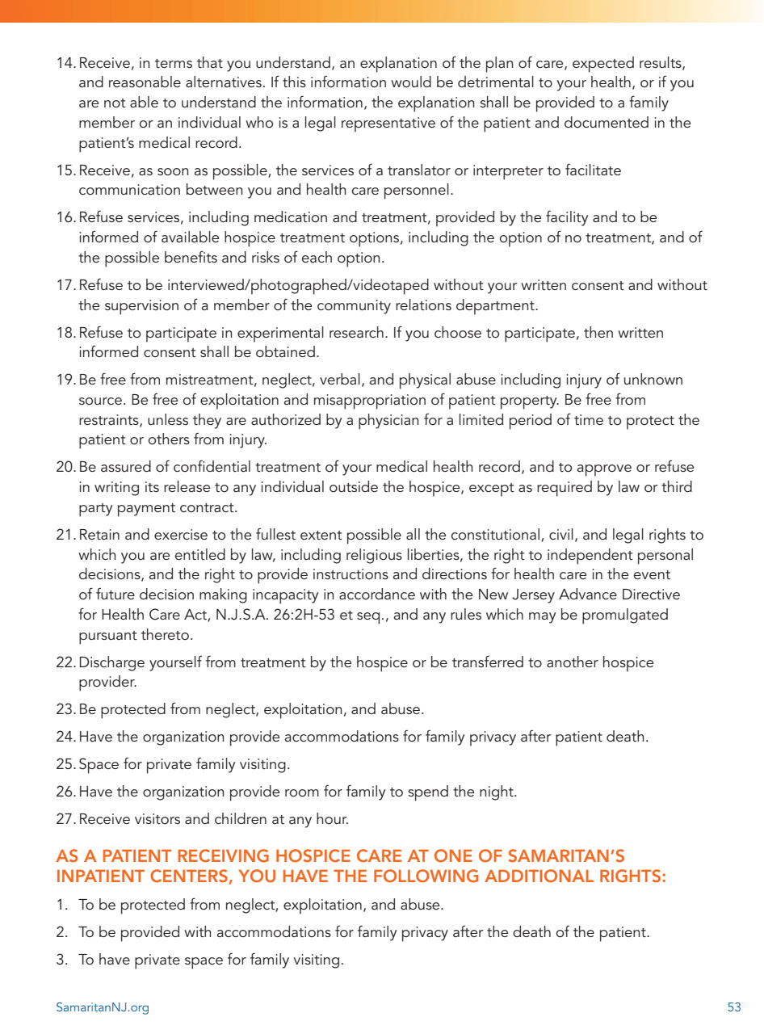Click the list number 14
tap(65, 63)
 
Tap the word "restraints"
tap(108, 421)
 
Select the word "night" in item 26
tap(497, 792)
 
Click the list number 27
tap(65, 820)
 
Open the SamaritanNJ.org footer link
tap(103, 1007)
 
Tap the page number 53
tap(734, 1007)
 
